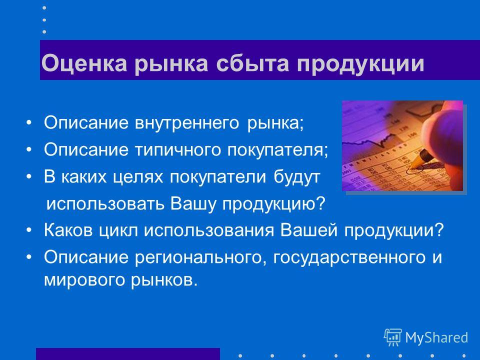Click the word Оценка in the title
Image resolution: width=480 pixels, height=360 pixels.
84,63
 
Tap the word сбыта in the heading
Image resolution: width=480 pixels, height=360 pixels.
252,63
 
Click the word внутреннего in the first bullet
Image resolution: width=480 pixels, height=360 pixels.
187,123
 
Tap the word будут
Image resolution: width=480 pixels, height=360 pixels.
296,176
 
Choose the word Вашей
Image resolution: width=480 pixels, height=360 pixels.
309,230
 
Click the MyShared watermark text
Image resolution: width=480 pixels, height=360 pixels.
436,337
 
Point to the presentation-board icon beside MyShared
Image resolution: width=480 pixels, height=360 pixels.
393,337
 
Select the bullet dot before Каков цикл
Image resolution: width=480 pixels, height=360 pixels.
29,230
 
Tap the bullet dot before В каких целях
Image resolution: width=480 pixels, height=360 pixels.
29,176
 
